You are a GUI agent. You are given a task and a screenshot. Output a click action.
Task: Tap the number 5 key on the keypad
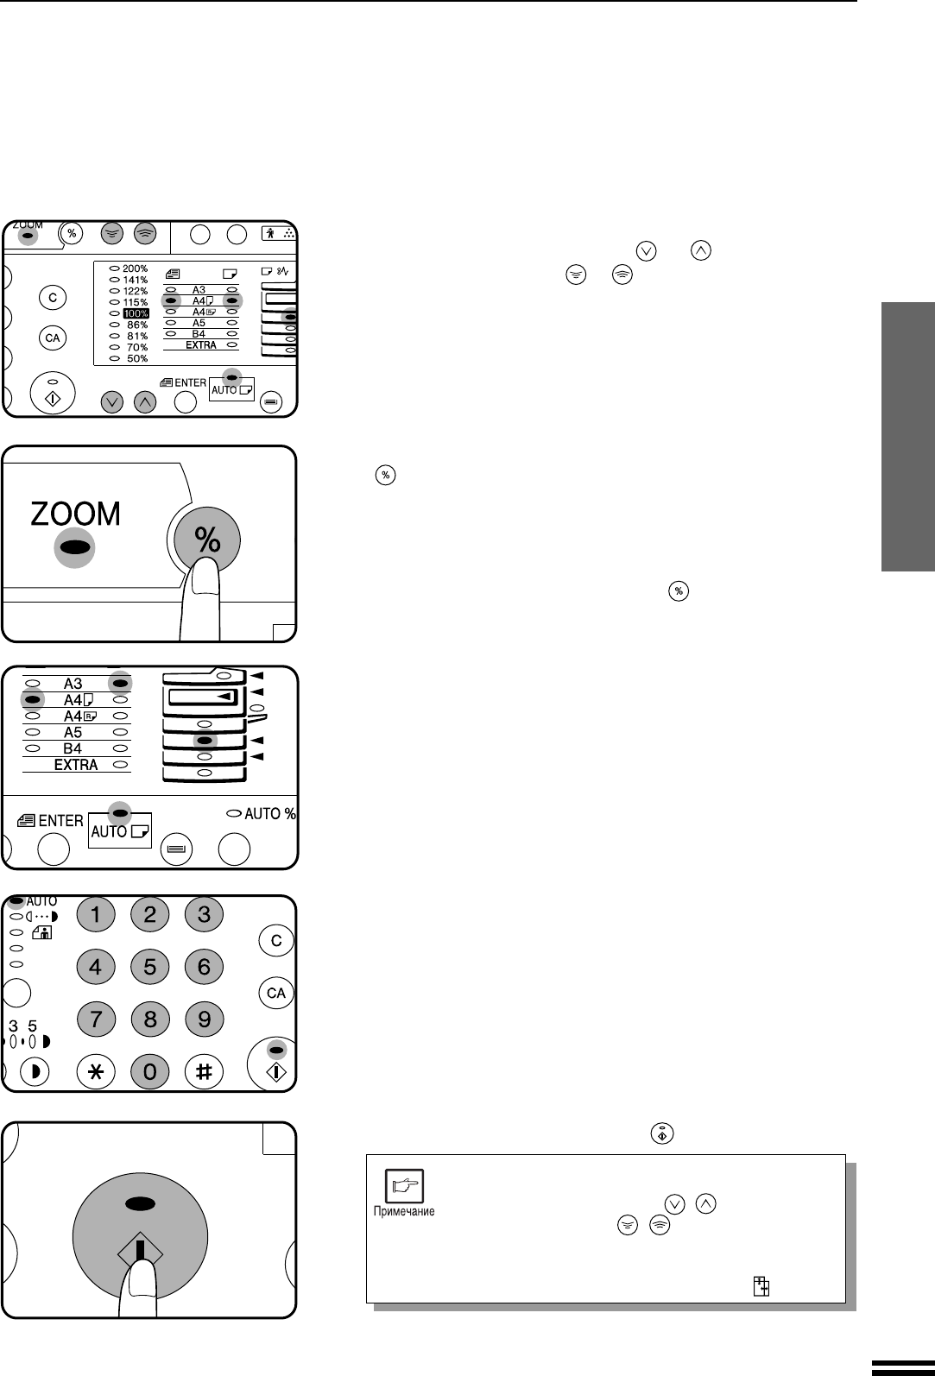(150, 967)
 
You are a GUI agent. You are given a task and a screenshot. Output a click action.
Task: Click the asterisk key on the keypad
(96, 1071)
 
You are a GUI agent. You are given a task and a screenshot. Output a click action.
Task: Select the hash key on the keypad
(204, 1071)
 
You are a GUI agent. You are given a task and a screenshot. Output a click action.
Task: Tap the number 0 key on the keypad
(150, 1071)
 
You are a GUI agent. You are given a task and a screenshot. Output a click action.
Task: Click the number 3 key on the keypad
(204, 914)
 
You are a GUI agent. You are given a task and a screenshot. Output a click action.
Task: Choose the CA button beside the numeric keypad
(275, 993)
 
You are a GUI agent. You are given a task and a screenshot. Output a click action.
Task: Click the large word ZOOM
(76, 514)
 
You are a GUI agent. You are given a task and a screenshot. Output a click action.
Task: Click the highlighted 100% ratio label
(136, 313)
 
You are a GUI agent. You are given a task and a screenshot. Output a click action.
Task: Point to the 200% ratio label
(136, 268)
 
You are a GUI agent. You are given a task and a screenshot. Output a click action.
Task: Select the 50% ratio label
(137, 358)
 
